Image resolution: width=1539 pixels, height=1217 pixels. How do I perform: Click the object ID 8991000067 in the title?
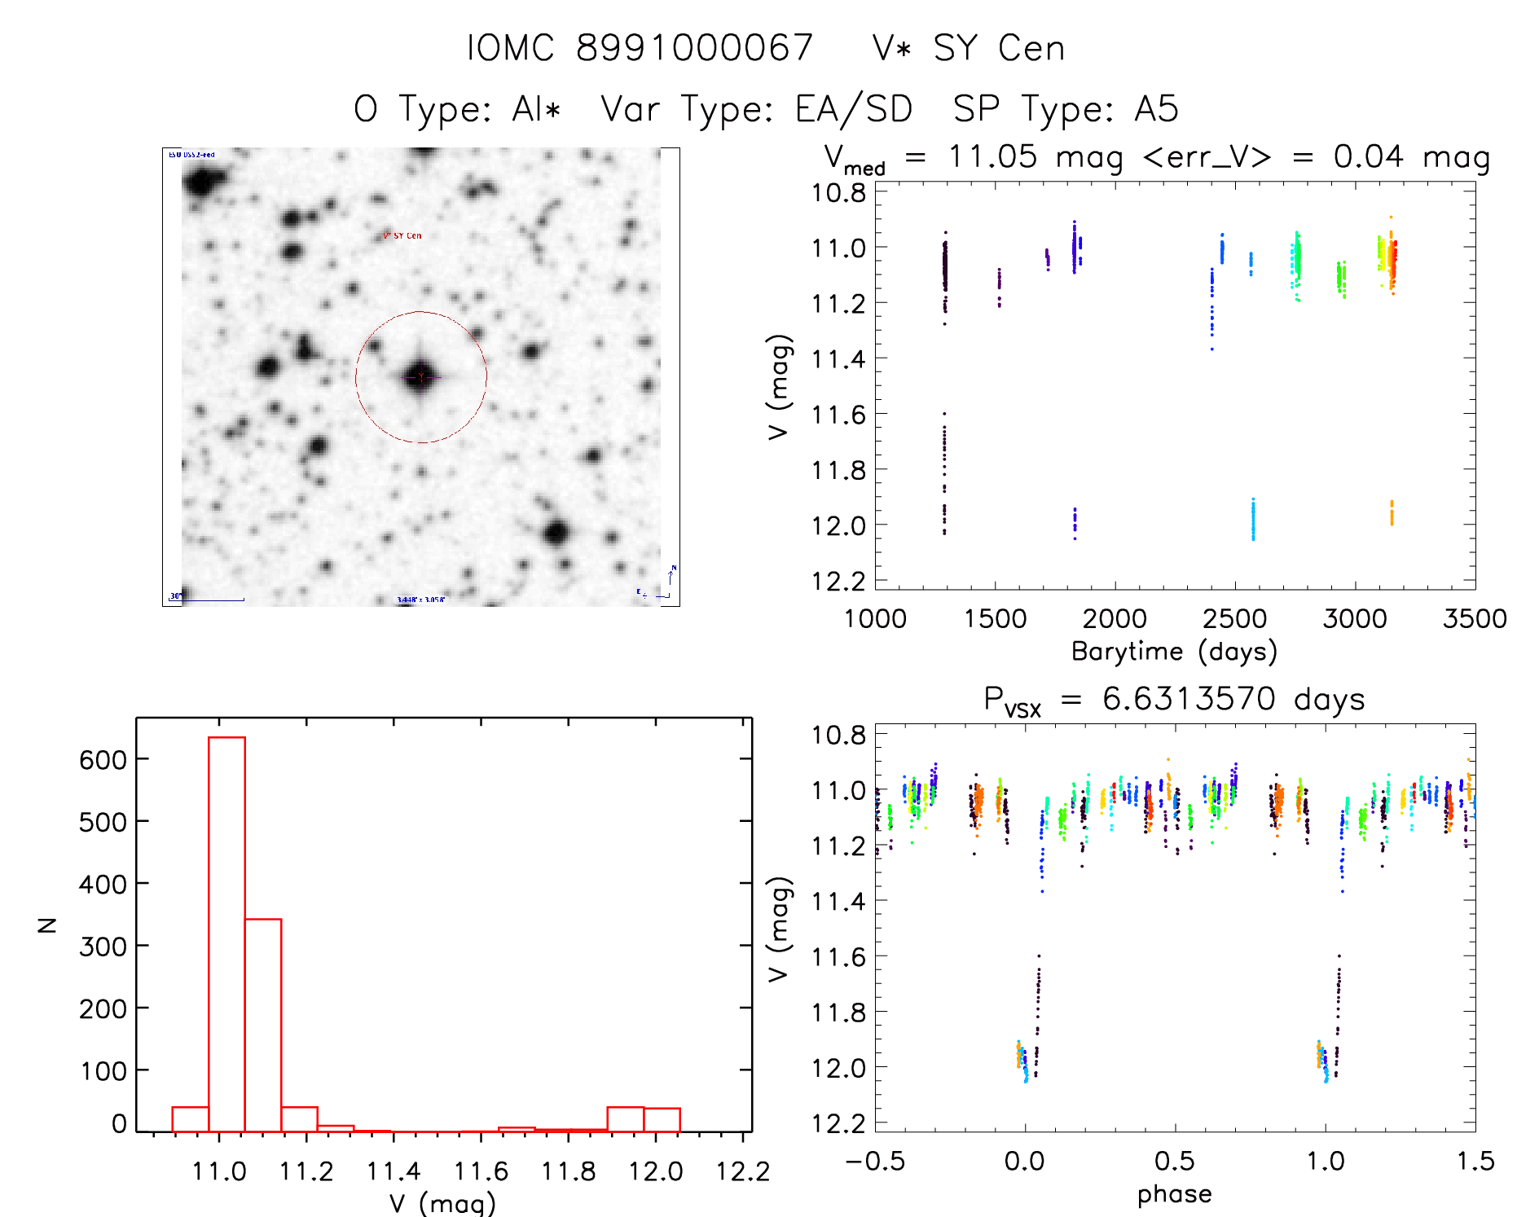point(694,48)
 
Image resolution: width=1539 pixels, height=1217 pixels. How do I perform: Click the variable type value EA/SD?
point(853,109)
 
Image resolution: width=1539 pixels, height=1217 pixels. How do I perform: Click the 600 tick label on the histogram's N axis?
point(103,760)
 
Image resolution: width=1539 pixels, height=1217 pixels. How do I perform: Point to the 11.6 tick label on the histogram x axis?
point(481,1171)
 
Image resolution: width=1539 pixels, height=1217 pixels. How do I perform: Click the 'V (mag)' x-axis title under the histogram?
point(442,1202)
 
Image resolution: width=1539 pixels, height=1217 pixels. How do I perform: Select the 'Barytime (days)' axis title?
point(1174,651)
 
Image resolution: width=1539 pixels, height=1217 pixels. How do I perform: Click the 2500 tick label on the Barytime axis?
point(1234,618)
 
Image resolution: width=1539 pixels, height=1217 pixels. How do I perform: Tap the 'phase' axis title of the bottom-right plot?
point(1174,1193)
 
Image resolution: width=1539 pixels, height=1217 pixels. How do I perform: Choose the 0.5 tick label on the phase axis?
point(1174,1161)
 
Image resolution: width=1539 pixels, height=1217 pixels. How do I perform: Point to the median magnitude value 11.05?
point(992,156)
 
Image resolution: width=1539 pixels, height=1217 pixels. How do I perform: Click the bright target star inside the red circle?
point(420,376)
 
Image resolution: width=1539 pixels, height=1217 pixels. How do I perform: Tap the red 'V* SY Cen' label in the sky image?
point(402,236)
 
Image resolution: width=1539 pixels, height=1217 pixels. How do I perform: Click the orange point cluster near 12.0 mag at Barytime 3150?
point(1392,513)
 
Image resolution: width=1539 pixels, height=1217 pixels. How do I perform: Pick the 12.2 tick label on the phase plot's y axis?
point(838,1123)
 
